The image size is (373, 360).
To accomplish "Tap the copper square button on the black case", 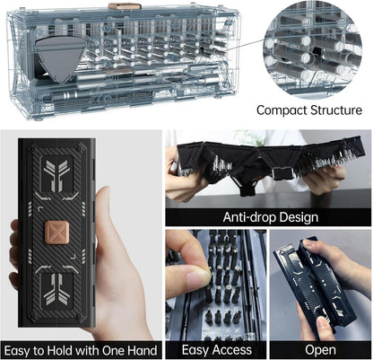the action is [x=56, y=233].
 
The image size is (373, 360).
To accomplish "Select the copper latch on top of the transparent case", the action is [x=125, y=6].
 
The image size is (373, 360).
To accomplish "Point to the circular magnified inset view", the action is [x=312, y=50].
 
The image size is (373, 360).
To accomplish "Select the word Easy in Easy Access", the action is [x=195, y=350].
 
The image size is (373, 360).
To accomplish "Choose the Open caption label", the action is [x=320, y=350].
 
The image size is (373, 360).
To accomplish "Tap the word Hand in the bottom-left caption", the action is [x=142, y=350].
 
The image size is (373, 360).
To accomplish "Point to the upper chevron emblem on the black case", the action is [x=56, y=174].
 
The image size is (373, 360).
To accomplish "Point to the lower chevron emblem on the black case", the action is [x=56, y=289].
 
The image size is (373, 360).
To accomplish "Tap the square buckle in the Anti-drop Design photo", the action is [x=283, y=173].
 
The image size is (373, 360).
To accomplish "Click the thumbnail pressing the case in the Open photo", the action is [x=322, y=325].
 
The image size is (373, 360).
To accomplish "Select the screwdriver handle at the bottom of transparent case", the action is [x=74, y=96].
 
